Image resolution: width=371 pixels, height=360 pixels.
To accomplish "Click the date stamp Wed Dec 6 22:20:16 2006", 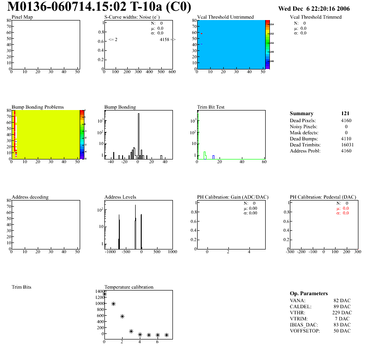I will [x=314, y=8].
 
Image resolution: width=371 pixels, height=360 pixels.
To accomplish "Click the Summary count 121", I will [x=345, y=113].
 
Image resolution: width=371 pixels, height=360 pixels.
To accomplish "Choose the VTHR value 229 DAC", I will [x=342, y=312].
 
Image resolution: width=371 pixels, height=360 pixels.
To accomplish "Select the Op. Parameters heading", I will [x=309, y=293].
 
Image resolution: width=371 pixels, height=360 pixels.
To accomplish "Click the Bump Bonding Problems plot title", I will [x=38, y=107].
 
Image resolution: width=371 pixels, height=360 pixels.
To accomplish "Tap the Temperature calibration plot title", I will [x=129, y=287].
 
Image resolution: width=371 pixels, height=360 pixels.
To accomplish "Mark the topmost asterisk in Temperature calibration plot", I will [x=104, y=294].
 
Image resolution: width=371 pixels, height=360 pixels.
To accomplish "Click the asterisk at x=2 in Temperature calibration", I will [x=122, y=316].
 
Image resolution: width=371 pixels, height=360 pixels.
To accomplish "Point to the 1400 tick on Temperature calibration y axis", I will [x=99, y=291].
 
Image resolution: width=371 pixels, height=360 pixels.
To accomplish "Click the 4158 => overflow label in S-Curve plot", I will [x=167, y=40].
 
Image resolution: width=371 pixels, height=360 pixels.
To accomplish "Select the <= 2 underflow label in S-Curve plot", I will [x=113, y=40].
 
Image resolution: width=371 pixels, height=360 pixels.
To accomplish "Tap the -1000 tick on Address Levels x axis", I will [x=110, y=252].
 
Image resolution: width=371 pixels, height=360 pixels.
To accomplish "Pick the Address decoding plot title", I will [x=30, y=197].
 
